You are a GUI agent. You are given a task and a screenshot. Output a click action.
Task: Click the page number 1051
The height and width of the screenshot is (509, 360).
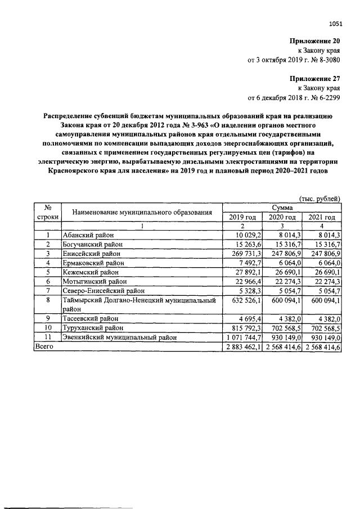tap(335, 23)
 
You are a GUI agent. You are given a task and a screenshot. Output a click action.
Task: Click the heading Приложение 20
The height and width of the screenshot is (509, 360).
tap(314, 41)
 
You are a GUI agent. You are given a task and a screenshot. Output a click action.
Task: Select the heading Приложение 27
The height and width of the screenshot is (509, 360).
tap(314, 78)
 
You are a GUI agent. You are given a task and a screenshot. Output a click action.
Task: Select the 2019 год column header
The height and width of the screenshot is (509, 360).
tap(242, 217)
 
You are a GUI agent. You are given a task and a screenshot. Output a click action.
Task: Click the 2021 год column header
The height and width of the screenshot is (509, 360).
tap(322, 217)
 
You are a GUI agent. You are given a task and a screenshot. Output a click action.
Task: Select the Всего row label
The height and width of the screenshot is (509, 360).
tap(44, 348)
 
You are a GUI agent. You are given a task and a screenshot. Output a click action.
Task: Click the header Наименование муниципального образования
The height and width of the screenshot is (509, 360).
tap(142, 212)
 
